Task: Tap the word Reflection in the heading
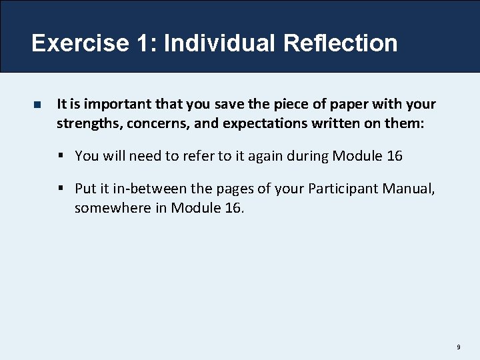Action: (x=340, y=43)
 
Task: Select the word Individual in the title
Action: (x=219, y=43)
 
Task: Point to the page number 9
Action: (x=459, y=347)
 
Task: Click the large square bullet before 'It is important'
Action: (x=37, y=105)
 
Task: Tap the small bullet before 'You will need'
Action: (x=61, y=156)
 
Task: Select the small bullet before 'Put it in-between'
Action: (x=61, y=189)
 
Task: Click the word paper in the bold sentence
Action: (x=360, y=104)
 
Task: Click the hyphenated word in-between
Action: (x=141, y=189)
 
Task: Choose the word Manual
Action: (x=409, y=189)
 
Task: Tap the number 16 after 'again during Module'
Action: (x=394, y=156)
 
